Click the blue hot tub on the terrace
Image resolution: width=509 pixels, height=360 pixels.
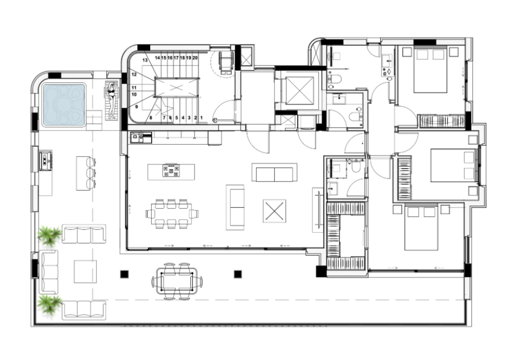coord(64,105)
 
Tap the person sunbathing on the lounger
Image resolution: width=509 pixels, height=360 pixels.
coord(112,100)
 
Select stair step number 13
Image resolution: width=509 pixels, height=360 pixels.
coord(145,60)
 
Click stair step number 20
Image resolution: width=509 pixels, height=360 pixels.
coord(195,58)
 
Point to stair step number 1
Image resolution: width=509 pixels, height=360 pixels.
coord(202,117)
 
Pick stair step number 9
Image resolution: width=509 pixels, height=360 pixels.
coord(137,106)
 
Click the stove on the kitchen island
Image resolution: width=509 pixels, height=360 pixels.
coord(171,171)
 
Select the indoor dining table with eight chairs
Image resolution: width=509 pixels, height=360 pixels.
coord(172,214)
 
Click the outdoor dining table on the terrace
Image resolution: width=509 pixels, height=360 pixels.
coord(177,281)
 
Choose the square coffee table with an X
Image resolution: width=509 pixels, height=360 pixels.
coord(274,211)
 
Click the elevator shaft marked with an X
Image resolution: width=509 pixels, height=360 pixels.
coord(300,90)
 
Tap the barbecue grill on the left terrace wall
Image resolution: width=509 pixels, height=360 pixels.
coord(45,160)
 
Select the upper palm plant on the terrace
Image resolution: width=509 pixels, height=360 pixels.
coord(49,235)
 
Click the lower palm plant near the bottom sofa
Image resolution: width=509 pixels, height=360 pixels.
coord(49,305)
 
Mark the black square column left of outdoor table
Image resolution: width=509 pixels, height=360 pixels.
coord(124,274)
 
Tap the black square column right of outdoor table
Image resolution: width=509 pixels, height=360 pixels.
coord(238,274)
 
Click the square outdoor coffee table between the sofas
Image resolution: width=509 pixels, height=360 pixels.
coord(85,271)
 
